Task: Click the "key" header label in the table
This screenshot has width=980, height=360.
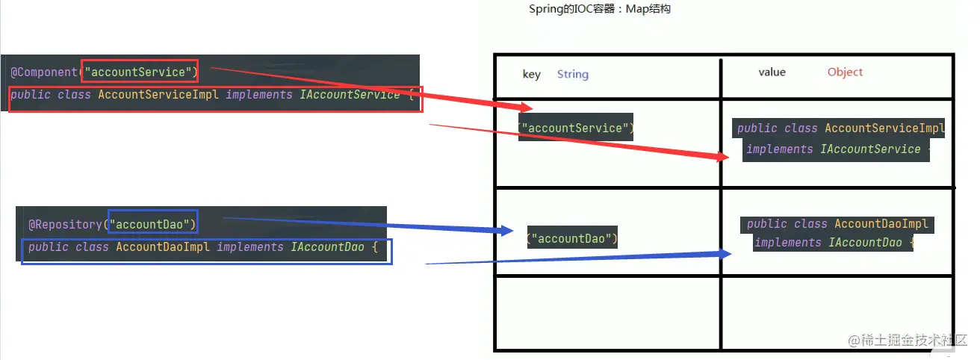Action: [x=531, y=74]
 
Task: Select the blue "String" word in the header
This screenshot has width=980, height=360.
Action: [x=573, y=74]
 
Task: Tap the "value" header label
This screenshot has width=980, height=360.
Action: [x=772, y=72]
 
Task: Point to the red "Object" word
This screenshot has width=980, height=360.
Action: [x=845, y=72]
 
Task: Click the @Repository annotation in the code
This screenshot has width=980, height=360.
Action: [x=65, y=224]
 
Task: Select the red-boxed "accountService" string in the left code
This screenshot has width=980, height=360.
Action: [x=140, y=72]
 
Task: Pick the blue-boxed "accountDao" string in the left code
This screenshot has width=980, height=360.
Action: [x=152, y=223]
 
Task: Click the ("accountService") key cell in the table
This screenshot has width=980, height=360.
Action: [x=576, y=128]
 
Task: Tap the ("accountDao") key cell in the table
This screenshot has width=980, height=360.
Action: [x=572, y=239]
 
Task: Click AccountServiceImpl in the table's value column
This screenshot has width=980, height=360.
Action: [x=884, y=128]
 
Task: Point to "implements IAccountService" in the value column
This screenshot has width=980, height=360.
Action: [x=833, y=149]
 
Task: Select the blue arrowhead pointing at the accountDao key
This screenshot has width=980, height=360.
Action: [x=506, y=231]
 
